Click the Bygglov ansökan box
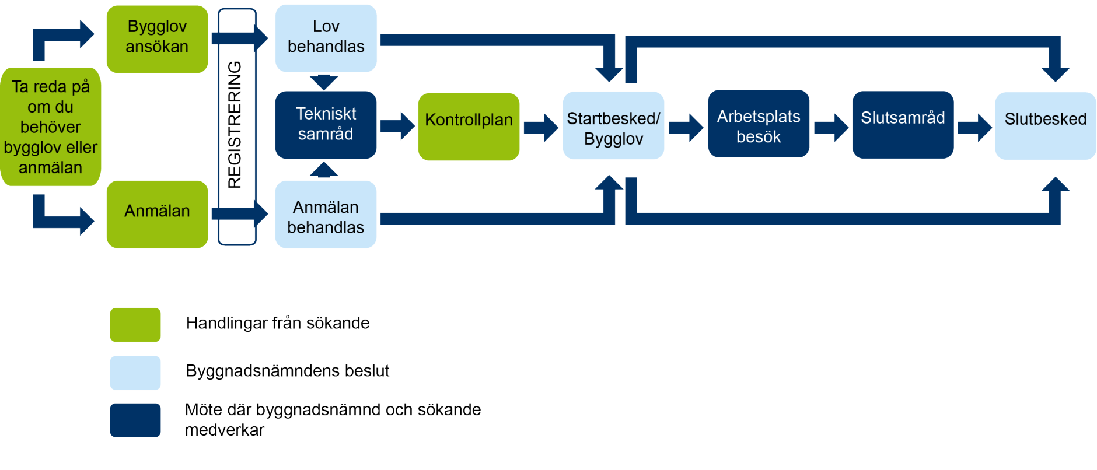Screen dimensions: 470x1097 click(x=157, y=39)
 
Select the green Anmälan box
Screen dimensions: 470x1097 click(x=157, y=214)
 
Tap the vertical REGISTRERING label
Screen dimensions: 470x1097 click(x=235, y=125)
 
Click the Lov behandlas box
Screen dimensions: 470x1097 click(x=326, y=38)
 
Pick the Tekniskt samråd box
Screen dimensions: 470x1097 click(x=326, y=124)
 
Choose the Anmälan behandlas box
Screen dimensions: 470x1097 click(x=326, y=215)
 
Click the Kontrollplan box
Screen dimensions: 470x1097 click(x=469, y=127)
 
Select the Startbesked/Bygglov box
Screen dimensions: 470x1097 click(x=613, y=126)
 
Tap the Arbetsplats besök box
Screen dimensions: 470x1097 click(x=759, y=124)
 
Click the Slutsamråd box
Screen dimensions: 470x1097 click(x=903, y=124)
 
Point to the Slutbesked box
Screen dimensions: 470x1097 click(x=1045, y=125)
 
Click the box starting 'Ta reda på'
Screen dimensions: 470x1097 click(x=51, y=127)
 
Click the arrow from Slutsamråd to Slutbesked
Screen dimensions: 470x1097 click(x=975, y=127)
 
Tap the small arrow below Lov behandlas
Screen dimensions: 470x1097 click(x=324, y=82)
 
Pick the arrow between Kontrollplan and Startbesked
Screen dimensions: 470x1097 click(x=541, y=127)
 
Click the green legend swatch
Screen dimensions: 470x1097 click(x=135, y=325)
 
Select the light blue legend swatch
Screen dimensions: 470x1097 click(x=135, y=373)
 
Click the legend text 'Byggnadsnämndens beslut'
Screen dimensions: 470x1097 click(x=287, y=371)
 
